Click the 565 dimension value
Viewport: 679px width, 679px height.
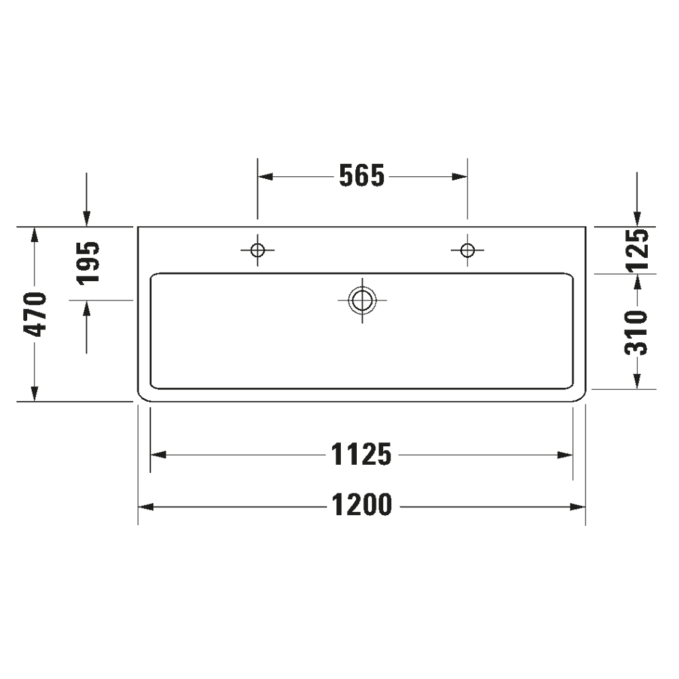pos(361,176)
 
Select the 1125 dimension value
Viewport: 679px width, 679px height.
pos(361,455)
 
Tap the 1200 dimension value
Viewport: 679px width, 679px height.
pos(361,507)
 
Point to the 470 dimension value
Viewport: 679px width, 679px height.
pos(35,314)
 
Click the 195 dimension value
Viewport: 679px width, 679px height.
pos(87,263)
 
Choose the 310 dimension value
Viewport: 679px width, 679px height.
pos(637,332)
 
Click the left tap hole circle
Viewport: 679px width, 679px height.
pos(257,250)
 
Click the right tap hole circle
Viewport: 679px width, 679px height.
pos(467,250)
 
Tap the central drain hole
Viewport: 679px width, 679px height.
pos(362,300)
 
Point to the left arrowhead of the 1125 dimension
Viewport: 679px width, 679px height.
pos(158,455)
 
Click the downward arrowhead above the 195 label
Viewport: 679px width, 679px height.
pos(86,218)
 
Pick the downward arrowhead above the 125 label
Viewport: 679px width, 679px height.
pos(637,218)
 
